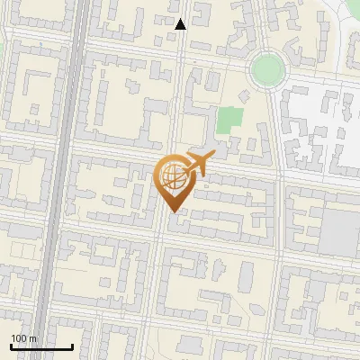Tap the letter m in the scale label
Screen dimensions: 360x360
pos(32,338)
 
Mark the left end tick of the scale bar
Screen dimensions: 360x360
pos(11,346)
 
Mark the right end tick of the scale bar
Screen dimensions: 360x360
pos(72,346)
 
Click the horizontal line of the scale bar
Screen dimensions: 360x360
pos(41,347)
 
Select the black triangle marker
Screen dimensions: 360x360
pos(181,24)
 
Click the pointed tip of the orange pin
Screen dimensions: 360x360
pos(174,211)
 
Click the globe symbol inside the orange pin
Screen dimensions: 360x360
pos(173,177)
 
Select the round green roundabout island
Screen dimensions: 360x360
pos(267,67)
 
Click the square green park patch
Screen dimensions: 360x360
pos(230,118)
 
